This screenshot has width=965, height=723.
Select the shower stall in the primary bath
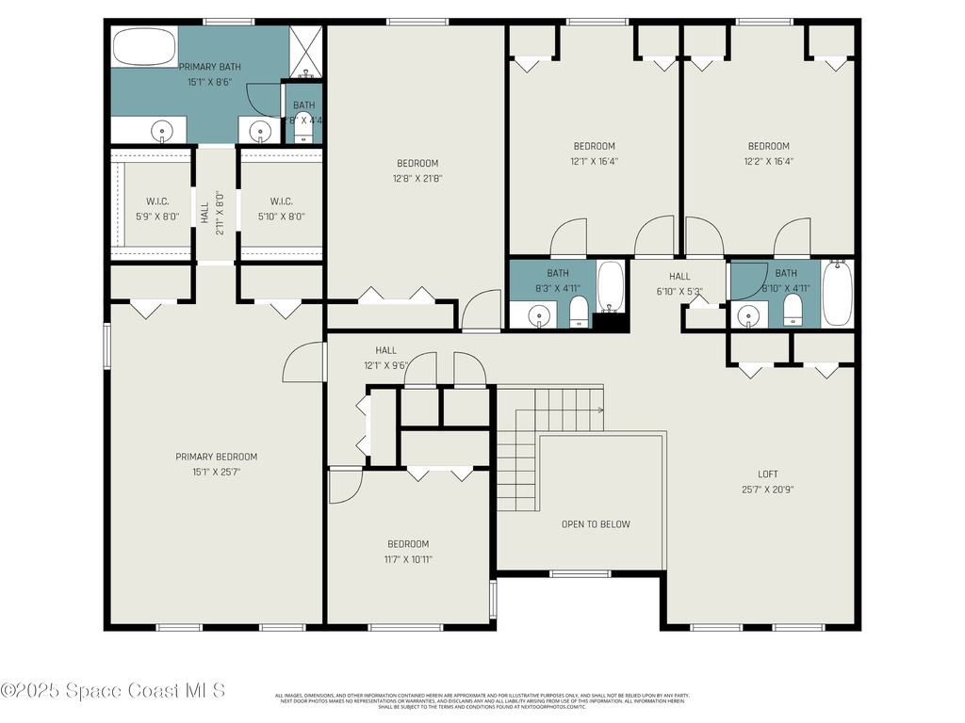point(305,51)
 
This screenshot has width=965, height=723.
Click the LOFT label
point(768,474)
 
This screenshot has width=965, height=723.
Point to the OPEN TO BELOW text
point(596,524)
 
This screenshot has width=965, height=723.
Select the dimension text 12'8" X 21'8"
point(417,179)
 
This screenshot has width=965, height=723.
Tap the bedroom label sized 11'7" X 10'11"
point(408,544)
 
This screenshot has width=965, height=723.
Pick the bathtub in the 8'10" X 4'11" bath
point(837,292)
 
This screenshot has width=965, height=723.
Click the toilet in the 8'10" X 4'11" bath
point(793,310)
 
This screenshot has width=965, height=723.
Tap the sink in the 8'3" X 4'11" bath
point(539,314)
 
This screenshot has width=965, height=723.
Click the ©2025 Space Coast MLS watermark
point(113,691)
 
